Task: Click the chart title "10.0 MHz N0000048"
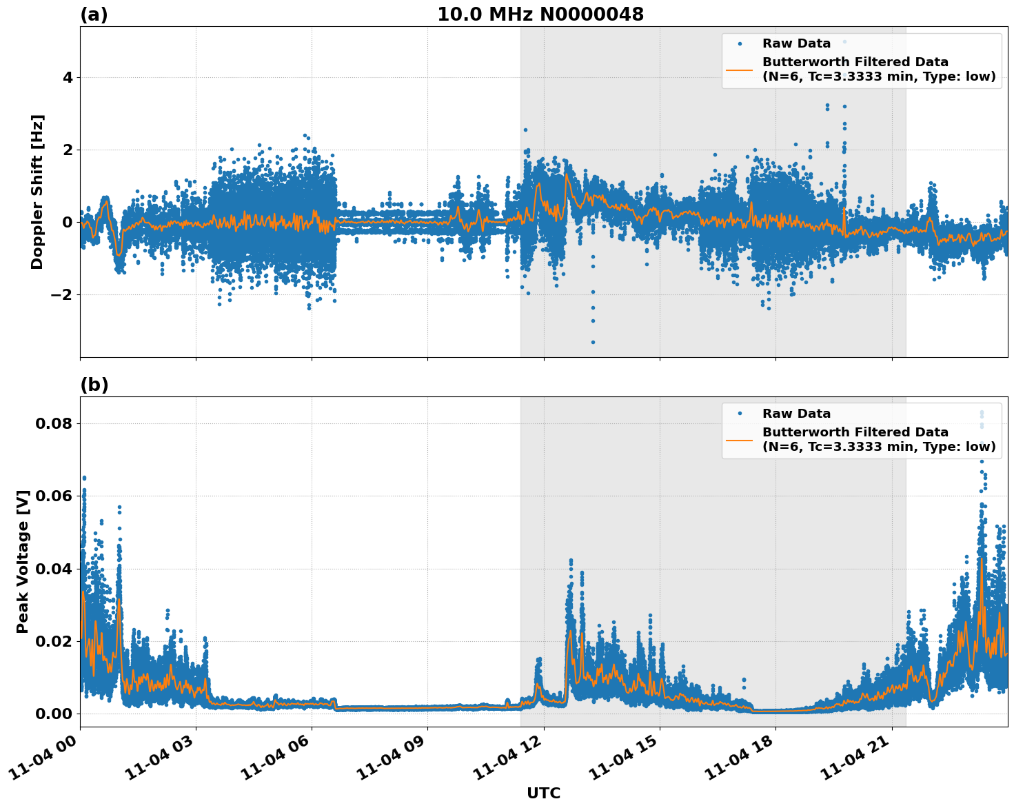[540, 14]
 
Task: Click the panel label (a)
[94, 14]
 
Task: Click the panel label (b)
[94, 385]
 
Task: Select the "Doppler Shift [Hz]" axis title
[37, 192]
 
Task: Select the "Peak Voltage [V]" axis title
[23, 561]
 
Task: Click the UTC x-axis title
[543, 793]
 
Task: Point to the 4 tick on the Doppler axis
[68, 78]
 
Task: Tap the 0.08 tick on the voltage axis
[54, 423]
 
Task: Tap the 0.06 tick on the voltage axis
[54, 496]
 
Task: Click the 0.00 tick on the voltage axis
[54, 714]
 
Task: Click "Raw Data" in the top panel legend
[796, 43]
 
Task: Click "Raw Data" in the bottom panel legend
[796, 414]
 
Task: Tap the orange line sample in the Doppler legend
[739, 70]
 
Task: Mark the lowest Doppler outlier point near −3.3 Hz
[592, 342]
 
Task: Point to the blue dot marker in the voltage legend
[740, 414]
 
